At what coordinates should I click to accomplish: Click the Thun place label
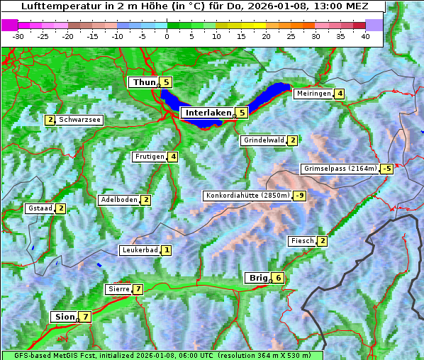click(144, 83)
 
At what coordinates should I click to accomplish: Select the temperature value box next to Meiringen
click(340, 94)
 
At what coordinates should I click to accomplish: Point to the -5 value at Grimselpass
click(386, 169)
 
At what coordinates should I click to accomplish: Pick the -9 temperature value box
click(301, 196)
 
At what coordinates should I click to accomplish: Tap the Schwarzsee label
click(80, 120)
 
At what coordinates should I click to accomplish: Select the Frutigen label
click(150, 157)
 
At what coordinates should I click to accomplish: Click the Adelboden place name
click(118, 200)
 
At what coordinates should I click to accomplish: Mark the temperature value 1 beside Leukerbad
click(167, 250)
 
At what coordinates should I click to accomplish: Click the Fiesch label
click(302, 241)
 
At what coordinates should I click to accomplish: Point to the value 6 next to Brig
click(279, 278)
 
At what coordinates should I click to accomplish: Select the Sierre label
click(118, 289)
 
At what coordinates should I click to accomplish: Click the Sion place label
click(64, 317)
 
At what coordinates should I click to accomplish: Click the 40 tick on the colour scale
click(365, 35)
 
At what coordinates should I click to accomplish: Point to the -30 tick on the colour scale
click(18, 35)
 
